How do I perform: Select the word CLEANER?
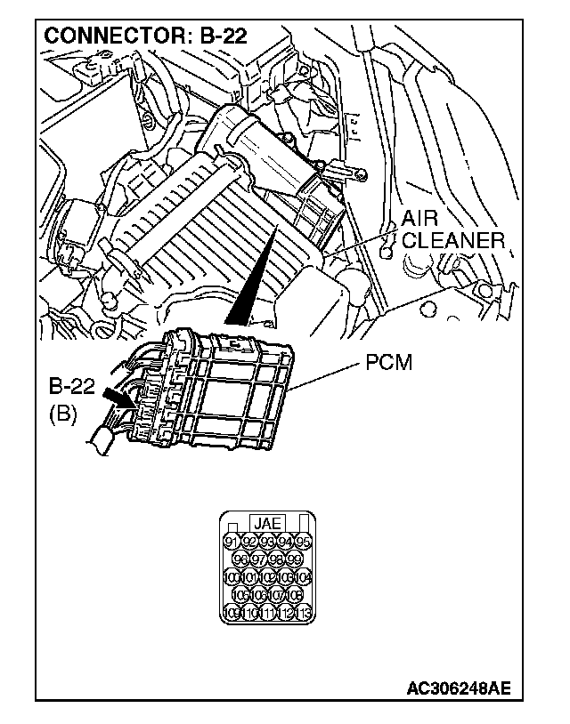pos(453,241)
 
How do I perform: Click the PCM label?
pos(389,364)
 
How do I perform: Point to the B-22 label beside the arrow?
pos(72,388)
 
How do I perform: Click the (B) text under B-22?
pos(62,414)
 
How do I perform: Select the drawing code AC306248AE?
pos(459,688)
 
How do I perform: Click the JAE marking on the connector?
pos(267,524)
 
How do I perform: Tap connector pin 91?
pos(231,542)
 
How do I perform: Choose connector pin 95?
pos(304,542)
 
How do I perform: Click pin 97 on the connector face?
pos(258,559)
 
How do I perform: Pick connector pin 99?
pos(295,559)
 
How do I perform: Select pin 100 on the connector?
pos(231,577)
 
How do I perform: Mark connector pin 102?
pos(267,577)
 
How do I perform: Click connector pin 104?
pos(304,577)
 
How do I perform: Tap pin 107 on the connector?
pos(276,595)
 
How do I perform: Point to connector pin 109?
pos(231,613)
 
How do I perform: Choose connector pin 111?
pos(267,613)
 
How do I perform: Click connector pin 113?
pos(304,613)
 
